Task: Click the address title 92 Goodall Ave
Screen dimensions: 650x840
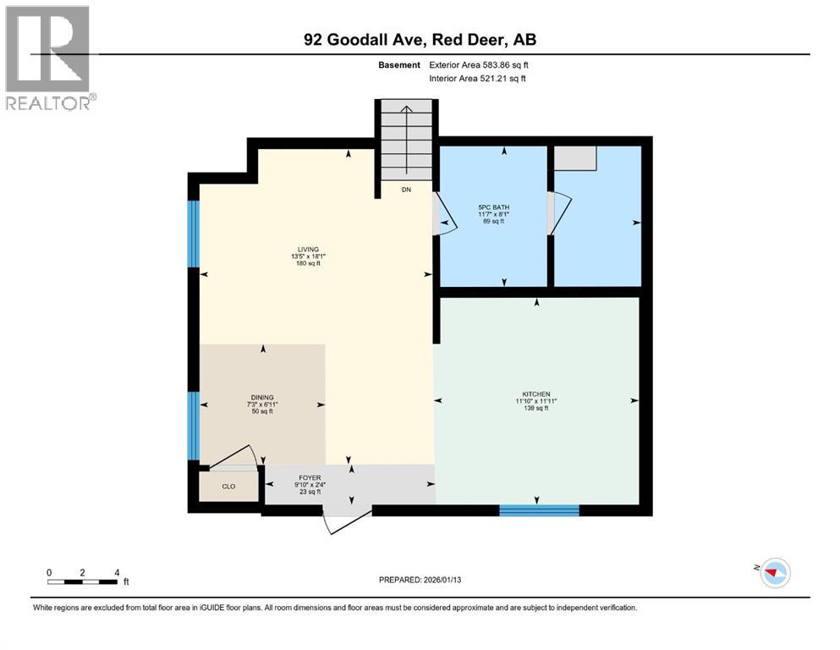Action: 420,40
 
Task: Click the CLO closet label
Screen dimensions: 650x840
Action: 228,487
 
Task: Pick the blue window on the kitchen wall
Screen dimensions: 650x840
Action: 539,510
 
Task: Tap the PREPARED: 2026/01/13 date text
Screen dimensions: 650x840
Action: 420,580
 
